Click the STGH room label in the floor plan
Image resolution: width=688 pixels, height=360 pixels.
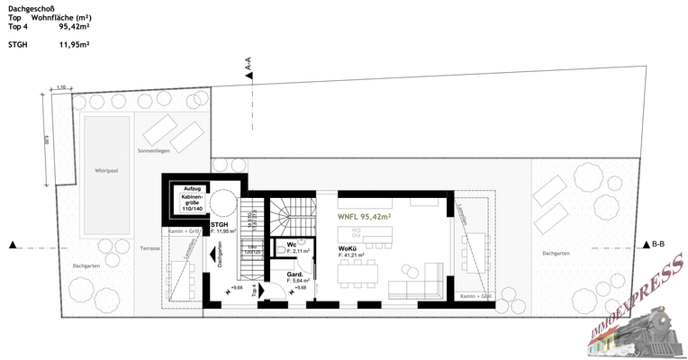(219, 224)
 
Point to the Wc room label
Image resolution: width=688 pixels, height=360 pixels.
(292, 245)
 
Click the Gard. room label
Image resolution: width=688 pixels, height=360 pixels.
(294, 274)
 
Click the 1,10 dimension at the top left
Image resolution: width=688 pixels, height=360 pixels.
(61, 86)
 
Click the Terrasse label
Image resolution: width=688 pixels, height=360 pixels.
(150, 249)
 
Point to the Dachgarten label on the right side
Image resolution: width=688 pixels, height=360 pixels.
(556, 254)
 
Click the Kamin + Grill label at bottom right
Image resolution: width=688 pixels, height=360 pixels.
(475, 296)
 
